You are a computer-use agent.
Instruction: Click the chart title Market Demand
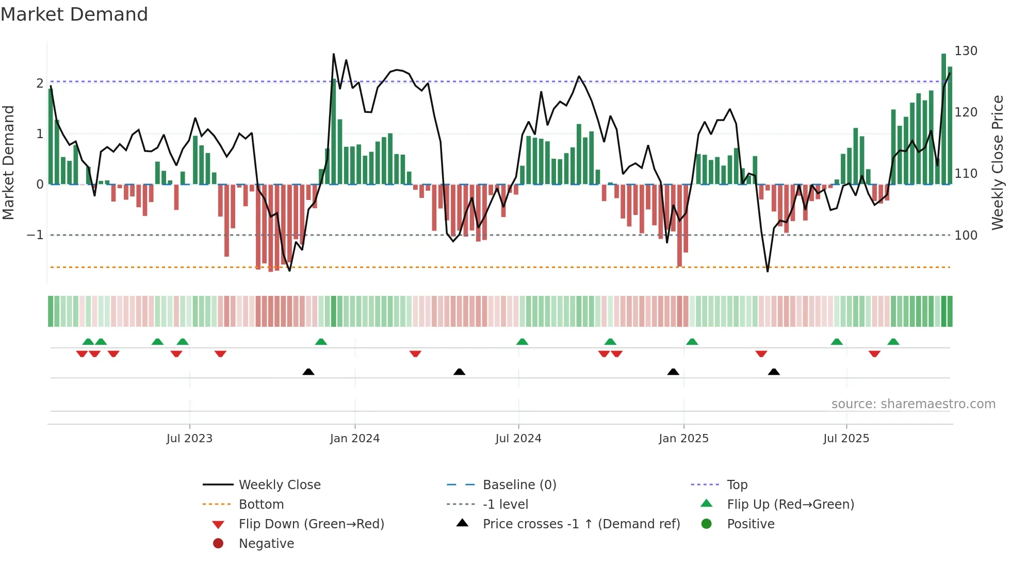tap(74, 14)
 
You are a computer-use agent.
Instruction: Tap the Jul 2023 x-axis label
tap(189, 439)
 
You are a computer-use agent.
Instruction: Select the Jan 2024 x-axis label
tap(355, 439)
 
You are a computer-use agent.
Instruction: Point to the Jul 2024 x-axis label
tap(518, 439)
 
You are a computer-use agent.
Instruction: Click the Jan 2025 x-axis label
tap(683, 439)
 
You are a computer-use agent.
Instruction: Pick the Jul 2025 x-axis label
tap(846, 439)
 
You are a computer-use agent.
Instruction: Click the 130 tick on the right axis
tap(966, 51)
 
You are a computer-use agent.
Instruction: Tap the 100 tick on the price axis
tap(966, 236)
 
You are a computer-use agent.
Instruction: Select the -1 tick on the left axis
tap(35, 235)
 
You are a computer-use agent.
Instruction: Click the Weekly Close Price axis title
tap(998, 162)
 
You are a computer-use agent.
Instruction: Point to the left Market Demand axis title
tap(8, 162)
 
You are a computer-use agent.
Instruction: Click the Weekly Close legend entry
tap(279, 485)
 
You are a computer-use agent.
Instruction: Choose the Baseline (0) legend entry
tap(519, 485)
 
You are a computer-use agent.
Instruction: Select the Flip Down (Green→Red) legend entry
tap(311, 524)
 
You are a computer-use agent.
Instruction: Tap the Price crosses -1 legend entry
tap(581, 524)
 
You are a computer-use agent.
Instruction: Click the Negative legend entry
tap(266, 544)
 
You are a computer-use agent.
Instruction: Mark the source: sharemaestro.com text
tap(913, 404)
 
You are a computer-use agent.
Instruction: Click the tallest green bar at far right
tap(943, 119)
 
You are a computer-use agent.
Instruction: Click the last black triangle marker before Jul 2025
tap(774, 372)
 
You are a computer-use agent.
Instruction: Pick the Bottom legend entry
tap(261, 505)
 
